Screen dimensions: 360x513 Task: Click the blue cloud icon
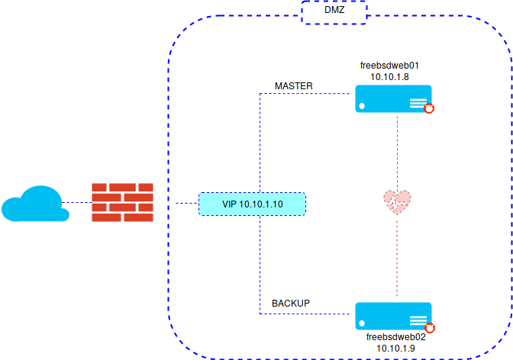31,204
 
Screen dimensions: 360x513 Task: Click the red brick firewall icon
121,202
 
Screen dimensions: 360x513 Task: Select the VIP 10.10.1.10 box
252,204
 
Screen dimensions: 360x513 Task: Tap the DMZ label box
334,13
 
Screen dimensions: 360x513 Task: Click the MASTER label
294,85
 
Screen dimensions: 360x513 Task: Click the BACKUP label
291,304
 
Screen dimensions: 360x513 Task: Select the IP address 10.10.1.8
390,77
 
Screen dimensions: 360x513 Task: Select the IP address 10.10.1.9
395,347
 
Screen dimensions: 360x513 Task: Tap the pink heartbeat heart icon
397,201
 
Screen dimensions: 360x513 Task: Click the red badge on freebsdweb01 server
429,109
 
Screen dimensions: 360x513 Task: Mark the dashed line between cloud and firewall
76,203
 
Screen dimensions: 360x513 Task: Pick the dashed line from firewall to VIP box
186,204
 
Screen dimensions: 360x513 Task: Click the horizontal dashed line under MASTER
305,94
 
